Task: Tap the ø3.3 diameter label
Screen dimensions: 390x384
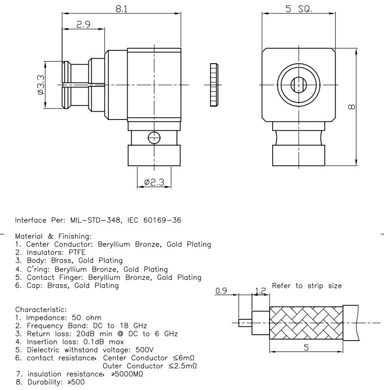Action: (41, 85)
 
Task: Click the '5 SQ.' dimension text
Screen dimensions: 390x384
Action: (299, 9)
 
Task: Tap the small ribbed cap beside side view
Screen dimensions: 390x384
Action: (213, 85)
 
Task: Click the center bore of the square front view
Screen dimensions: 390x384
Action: (299, 85)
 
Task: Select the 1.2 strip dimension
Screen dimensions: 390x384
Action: (260, 291)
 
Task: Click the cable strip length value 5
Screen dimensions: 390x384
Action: (306, 348)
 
